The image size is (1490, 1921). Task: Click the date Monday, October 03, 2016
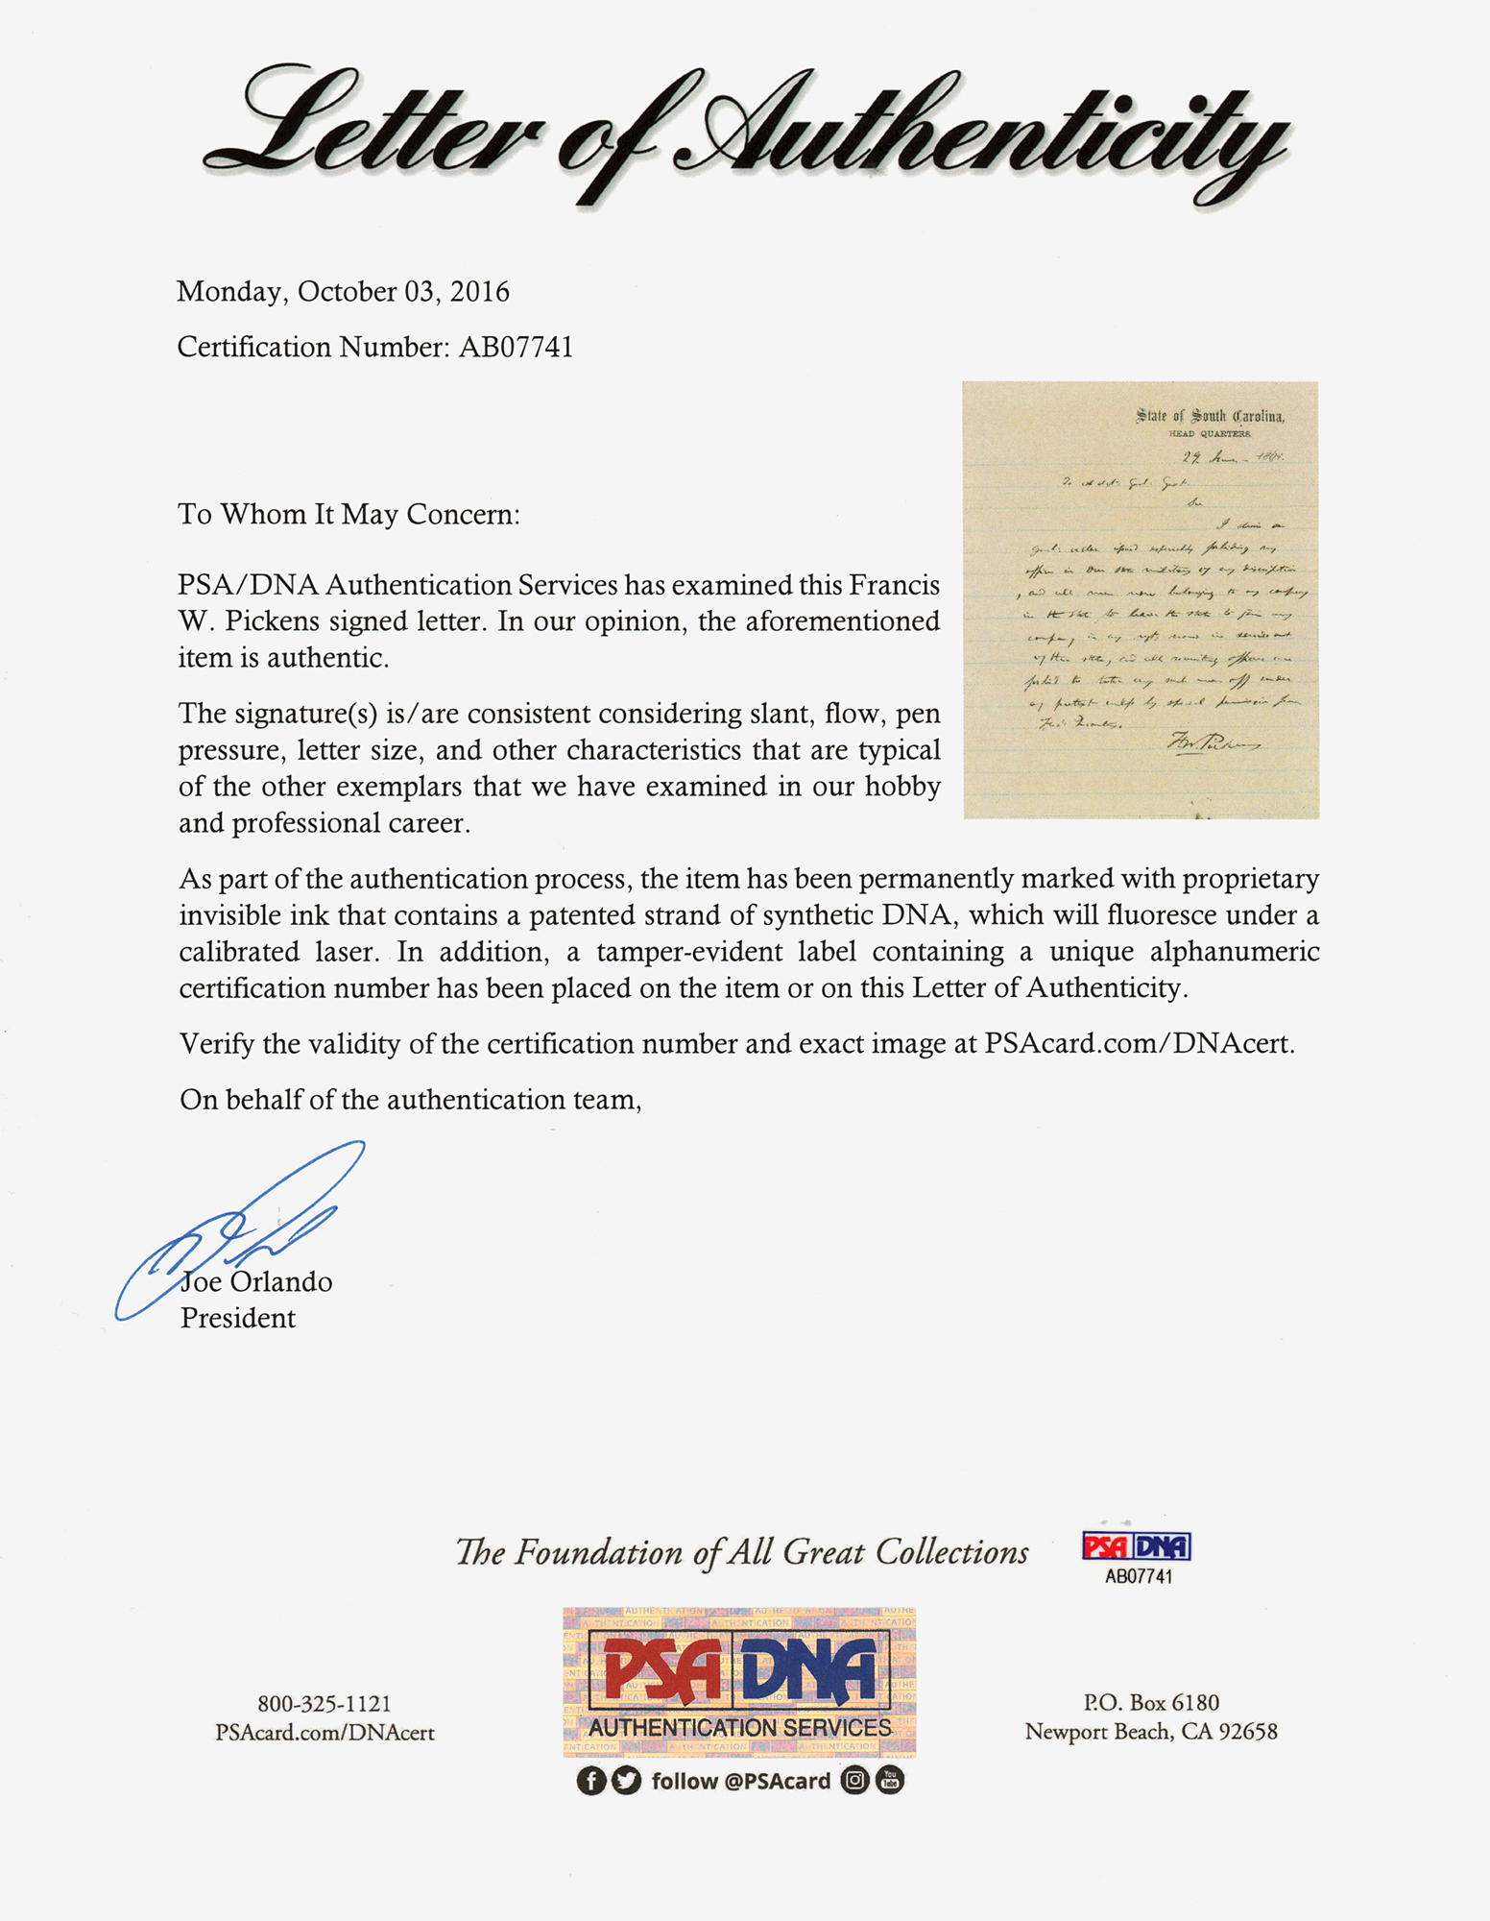(343, 292)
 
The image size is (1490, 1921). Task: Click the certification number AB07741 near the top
(516, 347)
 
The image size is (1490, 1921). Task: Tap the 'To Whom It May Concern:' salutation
(348, 515)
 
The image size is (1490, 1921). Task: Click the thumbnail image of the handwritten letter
(1141, 600)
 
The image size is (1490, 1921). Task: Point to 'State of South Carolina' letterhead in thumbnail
(1210, 416)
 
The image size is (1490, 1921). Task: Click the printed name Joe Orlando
(256, 1282)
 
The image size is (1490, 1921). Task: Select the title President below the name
(238, 1318)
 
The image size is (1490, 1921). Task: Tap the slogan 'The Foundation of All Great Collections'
(741, 1552)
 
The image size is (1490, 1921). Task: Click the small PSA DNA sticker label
(1138, 1548)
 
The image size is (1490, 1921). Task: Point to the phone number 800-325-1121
(324, 1704)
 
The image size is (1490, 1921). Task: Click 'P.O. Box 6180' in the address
(1151, 1703)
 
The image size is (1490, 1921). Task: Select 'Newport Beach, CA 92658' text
(1151, 1732)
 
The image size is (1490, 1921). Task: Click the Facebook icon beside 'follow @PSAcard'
(591, 1781)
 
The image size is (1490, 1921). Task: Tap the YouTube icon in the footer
(890, 1781)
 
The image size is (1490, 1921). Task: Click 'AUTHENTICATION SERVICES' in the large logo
(740, 1727)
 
